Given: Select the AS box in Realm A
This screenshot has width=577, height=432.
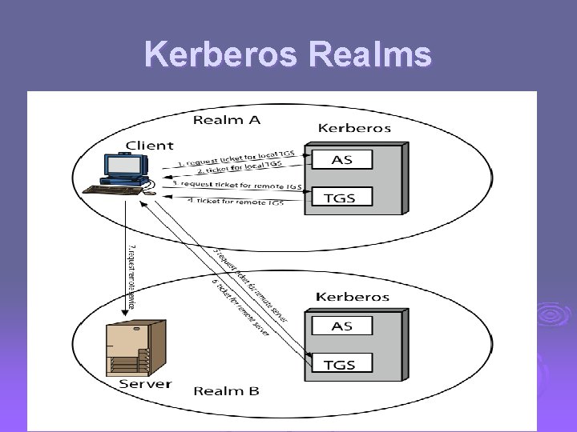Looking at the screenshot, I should [343, 159].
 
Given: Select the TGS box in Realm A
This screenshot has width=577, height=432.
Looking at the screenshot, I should [343, 196].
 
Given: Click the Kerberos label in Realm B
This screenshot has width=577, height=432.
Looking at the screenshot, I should [353, 296].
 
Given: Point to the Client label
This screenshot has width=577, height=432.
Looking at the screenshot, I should [148, 146].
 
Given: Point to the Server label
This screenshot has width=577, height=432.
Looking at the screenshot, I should [145, 383].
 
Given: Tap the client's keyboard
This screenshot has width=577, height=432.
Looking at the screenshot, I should [111, 190].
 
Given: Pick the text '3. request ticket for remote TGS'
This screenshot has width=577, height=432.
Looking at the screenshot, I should [238, 185].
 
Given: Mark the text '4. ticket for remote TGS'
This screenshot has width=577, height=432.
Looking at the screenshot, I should [236, 202].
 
